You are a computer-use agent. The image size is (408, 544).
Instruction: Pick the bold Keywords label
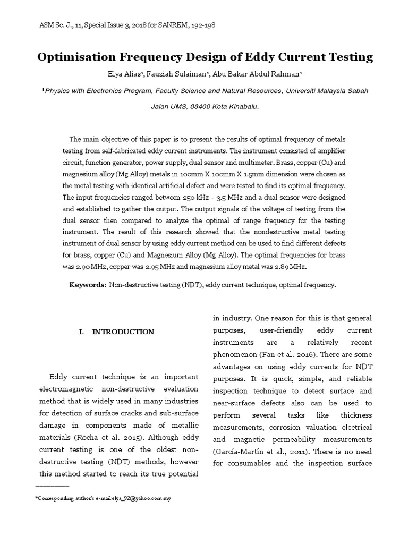click(x=88, y=285)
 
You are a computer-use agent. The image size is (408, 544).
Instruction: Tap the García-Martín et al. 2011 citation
click(x=250, y=452)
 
